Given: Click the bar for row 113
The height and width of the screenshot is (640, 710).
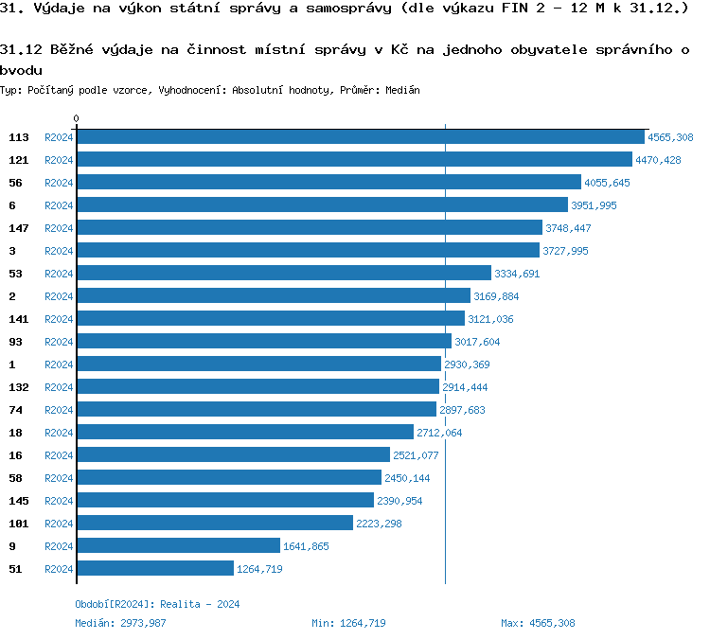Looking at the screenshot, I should [360, 137].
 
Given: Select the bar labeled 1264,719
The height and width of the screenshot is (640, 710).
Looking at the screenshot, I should [154, 569].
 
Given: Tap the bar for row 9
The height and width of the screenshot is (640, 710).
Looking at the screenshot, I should [178, 546].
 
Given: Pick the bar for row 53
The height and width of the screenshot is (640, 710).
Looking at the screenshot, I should [284, 274].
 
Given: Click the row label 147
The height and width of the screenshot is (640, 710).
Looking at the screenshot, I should [19, 228].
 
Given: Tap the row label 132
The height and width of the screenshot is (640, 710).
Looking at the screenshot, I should [19, 387].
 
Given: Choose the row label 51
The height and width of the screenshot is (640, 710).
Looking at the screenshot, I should [15, 569].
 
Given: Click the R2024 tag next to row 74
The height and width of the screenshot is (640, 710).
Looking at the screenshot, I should [59, 410].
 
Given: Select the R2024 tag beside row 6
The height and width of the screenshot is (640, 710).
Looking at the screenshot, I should [59, 205].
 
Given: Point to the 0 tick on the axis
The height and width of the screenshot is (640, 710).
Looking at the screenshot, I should [76, 119].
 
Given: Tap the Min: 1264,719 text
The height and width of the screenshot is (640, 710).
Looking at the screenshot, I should [348, 623].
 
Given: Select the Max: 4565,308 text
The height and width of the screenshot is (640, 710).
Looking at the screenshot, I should [538, 623].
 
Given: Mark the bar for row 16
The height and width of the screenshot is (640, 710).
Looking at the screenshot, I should [233, 455].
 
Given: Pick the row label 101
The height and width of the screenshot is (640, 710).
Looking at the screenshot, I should [19, 524].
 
